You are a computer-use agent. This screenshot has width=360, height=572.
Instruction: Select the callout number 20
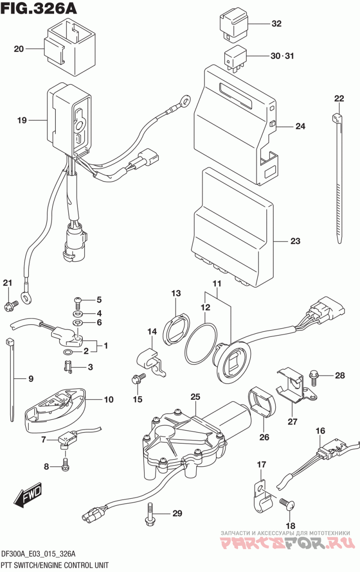point(18,49)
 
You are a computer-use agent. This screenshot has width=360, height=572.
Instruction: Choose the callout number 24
point(300,126)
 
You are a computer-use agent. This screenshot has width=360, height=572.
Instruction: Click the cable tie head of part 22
point(337,118)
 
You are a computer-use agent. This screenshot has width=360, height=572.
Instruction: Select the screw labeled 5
point(77,299)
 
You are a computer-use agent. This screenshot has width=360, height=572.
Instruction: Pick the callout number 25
point(194,397)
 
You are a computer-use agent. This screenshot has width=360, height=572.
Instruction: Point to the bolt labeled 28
point(315,375)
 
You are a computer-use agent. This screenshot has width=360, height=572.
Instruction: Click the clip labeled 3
point(68,367)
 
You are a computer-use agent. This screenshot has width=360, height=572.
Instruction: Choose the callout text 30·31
point(282,56)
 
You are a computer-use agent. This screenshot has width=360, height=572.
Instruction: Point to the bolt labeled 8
point(66,465)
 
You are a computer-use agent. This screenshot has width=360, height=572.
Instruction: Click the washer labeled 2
point(68,352)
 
